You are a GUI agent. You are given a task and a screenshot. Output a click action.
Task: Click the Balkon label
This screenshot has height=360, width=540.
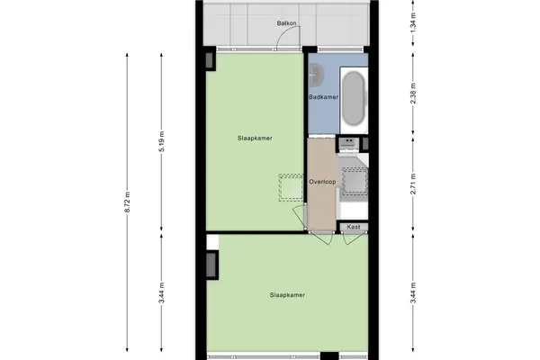point(286,23)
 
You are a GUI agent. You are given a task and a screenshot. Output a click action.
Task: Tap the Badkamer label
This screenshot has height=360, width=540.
point(323,97)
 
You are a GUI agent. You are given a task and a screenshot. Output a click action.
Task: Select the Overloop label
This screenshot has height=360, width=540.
point(322,182)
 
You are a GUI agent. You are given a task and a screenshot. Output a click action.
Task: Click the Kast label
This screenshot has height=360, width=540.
point(354,227)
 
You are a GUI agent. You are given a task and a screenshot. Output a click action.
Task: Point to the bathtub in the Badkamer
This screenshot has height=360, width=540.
point(354,98)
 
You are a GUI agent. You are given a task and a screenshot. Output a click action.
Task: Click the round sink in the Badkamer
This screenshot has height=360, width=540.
point(316,74)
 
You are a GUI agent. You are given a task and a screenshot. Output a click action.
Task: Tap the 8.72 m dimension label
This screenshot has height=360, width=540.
point(128,202)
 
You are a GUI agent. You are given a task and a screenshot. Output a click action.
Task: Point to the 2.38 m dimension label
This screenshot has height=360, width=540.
point(414,94)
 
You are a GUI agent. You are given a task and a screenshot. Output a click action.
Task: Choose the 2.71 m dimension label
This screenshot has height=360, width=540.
point(414,184)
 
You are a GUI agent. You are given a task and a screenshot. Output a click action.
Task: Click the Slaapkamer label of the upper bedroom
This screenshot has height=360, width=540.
point(255,138)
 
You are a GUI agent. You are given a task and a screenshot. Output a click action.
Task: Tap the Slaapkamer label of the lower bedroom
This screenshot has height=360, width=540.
point(288,295)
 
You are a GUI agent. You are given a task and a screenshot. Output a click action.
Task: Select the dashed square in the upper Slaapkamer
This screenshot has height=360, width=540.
point(292,188)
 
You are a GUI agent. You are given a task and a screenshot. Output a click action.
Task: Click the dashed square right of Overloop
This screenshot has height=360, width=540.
point(355,181)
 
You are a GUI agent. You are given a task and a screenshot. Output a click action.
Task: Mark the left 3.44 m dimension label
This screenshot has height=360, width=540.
point(162,292)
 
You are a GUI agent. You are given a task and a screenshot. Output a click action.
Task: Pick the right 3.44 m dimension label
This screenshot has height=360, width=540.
point(414,292)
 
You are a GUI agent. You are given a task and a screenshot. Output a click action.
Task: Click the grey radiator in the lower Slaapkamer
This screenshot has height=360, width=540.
point(211,265)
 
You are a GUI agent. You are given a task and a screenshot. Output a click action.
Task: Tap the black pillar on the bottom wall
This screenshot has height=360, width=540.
point(329,355)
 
